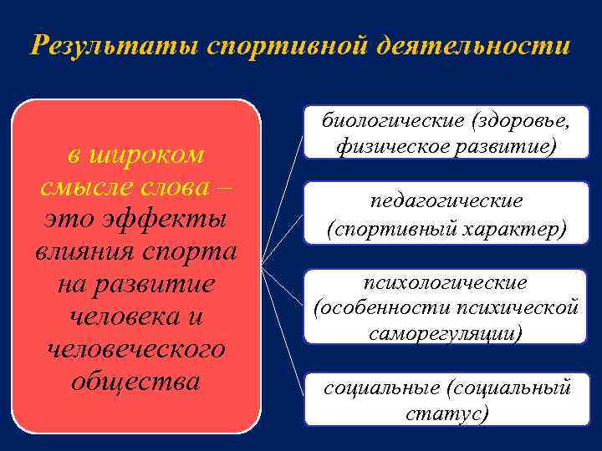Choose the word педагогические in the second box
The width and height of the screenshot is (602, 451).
[446, 201]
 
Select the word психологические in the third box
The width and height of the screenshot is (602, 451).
[446, 281]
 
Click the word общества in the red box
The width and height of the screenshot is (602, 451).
[135, 381]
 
